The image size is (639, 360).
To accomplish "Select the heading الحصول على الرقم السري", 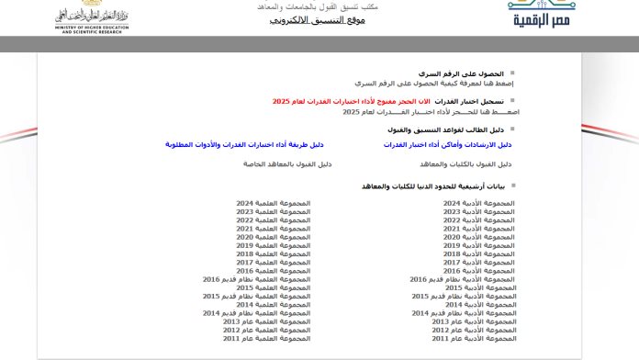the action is tap(464, 73).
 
